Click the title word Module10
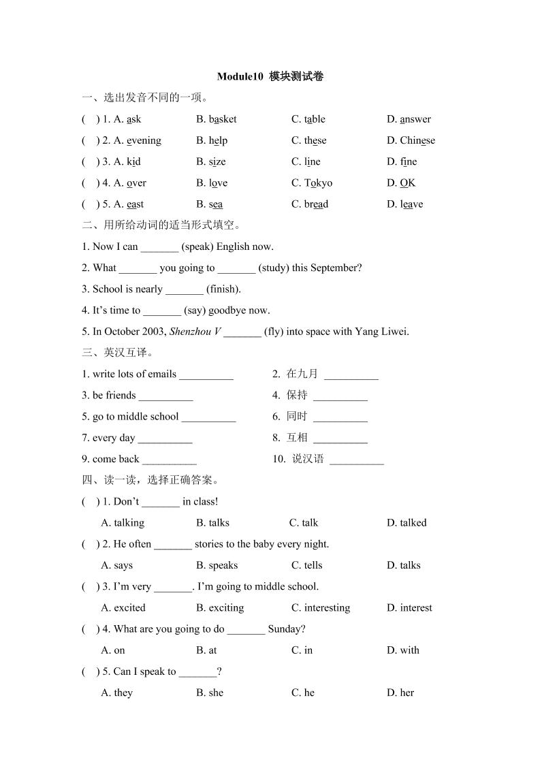(x=239, y=76)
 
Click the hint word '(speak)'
(x=197, y=246)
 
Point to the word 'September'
(x=336, y=268)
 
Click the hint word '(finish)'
(x=223, y=289)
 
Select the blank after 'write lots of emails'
(x=206, y=375)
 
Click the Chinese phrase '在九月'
(x=302, y=374)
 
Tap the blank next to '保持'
(x=340, y=396)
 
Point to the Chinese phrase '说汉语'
(x=308, y=459)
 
